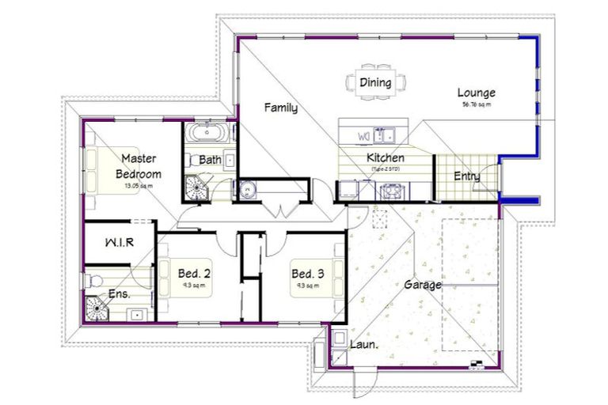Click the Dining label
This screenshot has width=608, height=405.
click(x=374, y=82)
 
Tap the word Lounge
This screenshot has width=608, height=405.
click(x=477, y=93)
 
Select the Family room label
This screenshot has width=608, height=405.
click(x=281, y=108)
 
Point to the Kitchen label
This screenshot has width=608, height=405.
click(x=386, y=158)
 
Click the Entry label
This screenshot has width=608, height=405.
click(x=466, y=176)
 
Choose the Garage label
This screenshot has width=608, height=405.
click(x=423, y=285)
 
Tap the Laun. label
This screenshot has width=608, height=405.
click(x=363, y=345)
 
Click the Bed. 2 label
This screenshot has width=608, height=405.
click(x=194, y=274)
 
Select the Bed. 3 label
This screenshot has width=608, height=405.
click(x=307, y=274)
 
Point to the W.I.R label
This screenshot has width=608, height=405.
click(x=119, y=243)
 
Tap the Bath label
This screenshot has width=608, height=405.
click(x=210, y=160)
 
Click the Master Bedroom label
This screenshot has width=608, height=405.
click(x=139, y=166)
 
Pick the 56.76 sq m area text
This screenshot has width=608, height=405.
click(x=477, y=104)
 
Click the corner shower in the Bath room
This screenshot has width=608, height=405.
click(x=195, y=187)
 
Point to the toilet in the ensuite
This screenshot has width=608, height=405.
click(x=93, y=279)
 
